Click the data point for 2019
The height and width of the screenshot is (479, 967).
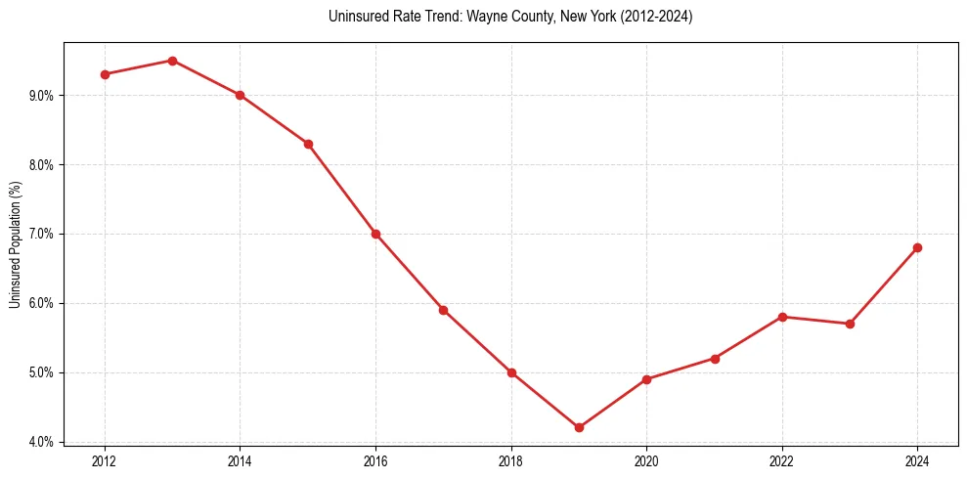tap(579, 427)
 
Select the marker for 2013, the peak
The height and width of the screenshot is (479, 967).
tap(172, 61)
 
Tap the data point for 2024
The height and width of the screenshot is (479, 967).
tap(917, 247)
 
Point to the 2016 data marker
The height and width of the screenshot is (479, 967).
tap(375, 234)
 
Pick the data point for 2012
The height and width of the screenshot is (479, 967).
tap(105, 74)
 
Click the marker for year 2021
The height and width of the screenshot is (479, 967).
tap(715, 359)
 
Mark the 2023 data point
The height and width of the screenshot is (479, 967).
tap(850, 324)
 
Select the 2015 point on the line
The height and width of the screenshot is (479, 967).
tap(308, 144)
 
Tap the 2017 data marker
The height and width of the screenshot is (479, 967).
tap(443, 310)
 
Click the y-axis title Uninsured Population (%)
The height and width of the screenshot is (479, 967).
tap(15, 243)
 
